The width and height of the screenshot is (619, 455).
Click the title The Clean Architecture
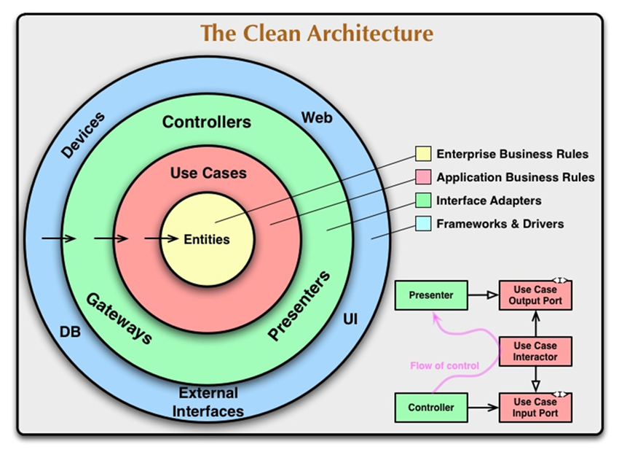coord(316,34)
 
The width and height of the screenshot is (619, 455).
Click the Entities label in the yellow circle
coord(206,239)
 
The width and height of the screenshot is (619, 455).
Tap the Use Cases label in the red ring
coord(208,174)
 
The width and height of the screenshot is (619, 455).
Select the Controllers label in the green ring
coord(207,122)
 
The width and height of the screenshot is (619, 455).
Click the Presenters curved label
coord(299,306)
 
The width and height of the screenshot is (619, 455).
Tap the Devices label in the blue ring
coord(83,135)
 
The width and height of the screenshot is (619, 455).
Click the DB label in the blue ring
coord(70,332)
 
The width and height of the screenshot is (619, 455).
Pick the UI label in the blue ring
coord(350,319)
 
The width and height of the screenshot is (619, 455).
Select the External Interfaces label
coord(209,402)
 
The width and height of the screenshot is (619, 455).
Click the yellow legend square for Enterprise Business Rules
coord(423,154)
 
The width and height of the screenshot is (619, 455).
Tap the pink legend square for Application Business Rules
coord(423,177)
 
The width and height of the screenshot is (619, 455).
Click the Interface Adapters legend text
coord(489,201)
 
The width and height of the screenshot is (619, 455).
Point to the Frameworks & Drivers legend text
coord(500,224)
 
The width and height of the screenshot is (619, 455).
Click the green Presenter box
coord(431,296)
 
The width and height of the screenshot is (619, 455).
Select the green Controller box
coord(431,408)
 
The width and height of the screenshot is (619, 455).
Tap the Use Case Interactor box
coord(535,351)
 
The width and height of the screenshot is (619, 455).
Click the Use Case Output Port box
coord(535,295)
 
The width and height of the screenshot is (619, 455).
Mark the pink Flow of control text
coord(444,366)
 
